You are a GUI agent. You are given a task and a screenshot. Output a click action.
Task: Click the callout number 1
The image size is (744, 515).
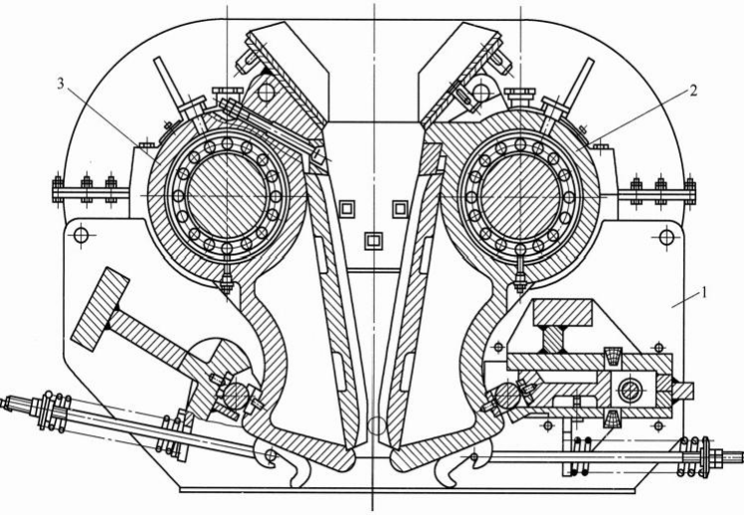point(704,292)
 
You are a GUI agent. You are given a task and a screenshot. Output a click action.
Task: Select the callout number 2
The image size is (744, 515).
point(693,90)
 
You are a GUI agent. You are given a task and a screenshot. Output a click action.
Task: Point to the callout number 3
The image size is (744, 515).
point(61,84)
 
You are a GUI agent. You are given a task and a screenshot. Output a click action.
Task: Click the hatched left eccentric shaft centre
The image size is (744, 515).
point(227,196)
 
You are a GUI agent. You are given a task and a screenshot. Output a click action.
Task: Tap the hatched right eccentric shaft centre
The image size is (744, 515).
point(520,196)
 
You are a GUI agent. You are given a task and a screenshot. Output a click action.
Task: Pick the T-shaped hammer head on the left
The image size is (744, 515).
point(100,309)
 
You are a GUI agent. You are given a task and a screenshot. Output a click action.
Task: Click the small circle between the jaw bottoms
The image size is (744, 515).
point(377,426)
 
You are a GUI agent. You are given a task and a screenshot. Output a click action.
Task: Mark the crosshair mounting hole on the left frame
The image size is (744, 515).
point(82,235)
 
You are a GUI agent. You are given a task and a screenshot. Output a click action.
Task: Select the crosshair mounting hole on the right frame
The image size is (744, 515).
point(666,236)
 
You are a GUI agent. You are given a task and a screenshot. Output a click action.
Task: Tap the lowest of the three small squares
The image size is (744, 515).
point(373,241)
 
